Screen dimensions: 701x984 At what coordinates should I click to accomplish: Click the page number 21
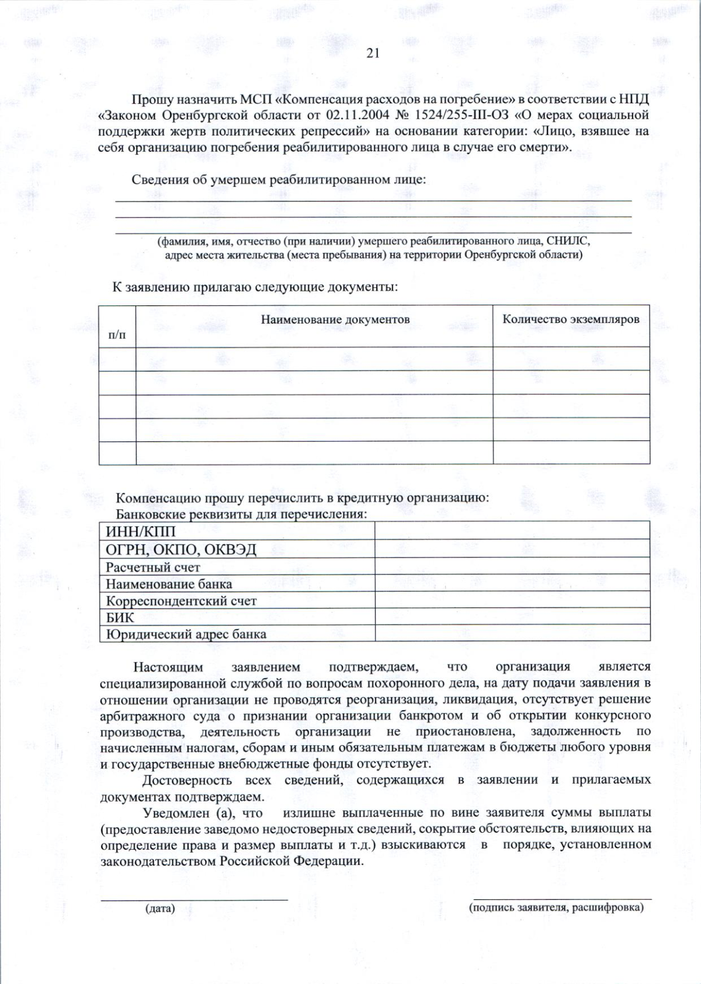(x=373, y=53)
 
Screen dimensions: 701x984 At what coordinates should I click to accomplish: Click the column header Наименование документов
(x=335, y=319)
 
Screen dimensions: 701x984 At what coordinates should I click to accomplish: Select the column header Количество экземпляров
(x=571, y=319)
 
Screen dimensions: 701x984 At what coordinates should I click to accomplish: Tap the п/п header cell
(x=117, y=335)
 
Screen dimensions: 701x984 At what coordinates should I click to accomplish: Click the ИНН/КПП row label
(x=140, y=531)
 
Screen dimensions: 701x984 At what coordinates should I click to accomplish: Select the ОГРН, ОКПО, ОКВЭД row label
(x=181, y=550)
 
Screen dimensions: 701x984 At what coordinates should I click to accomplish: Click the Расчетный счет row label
(x=152, y=567)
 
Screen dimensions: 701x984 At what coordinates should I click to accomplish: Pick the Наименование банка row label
(x=168, y=584)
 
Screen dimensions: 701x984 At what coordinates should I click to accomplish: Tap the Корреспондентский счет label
(x=181, y=601)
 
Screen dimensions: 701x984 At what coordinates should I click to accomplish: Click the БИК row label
(x=120, y=617)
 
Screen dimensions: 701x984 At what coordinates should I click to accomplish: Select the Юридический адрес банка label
(x=186, y=634)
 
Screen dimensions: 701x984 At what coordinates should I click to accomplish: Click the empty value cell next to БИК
(x=512, y=617)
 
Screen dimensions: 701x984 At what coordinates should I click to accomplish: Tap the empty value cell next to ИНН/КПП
(x=512, y=530)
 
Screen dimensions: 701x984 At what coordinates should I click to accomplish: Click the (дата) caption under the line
(x=159, y=909)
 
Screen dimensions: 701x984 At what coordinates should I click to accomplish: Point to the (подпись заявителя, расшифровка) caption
(x=556, y=907)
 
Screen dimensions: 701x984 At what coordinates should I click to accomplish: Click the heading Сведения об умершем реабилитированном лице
(x=279, y=179)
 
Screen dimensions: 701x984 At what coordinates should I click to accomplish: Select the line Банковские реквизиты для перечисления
(x=241, y=514)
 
